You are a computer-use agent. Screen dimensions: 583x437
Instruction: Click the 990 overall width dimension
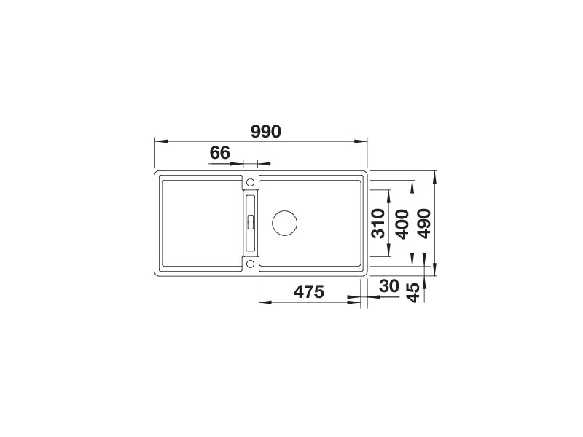pos(265,132)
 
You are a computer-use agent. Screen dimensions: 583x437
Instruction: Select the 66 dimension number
pos(220,153)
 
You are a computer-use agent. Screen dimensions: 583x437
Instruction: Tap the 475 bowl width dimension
pos(308,292)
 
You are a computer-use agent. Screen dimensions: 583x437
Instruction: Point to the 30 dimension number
pos(389,286)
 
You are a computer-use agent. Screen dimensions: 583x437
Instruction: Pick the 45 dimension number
pos(412,293)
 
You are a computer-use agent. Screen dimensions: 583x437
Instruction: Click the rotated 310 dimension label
pos(378,224)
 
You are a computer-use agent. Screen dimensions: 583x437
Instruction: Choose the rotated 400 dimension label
pos(402,224)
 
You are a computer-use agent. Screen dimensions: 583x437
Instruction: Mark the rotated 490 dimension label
pos(423,224)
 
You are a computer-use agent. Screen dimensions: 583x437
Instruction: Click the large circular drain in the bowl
pos(284,223)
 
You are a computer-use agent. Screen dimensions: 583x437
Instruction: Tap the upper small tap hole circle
pos(250,182)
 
